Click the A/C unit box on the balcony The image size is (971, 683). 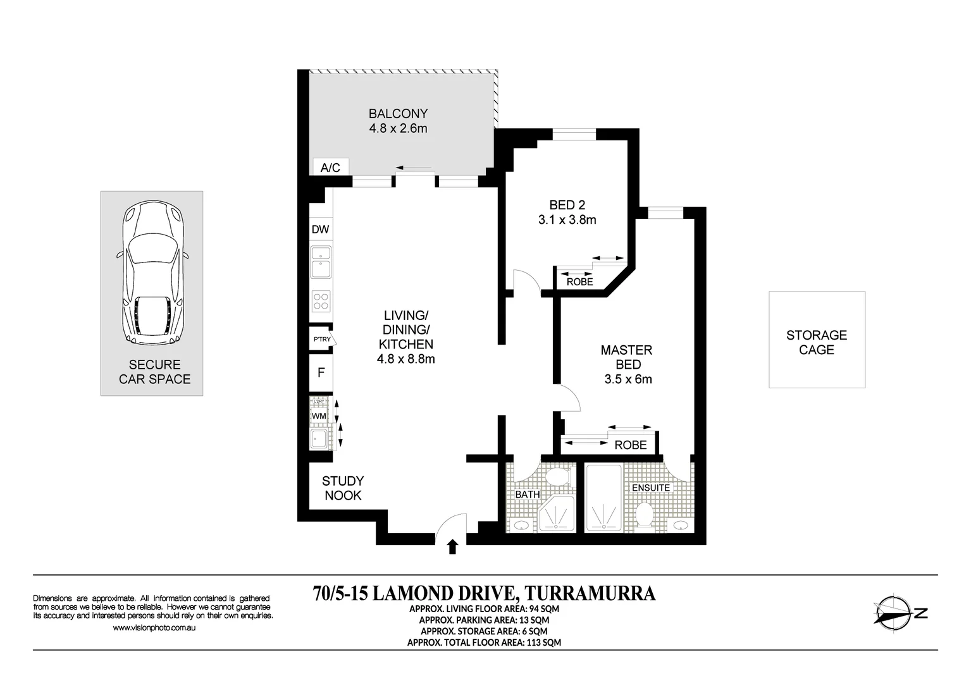331,168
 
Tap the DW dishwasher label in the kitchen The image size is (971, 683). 321,230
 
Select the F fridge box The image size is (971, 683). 321,372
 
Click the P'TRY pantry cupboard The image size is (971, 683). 322,340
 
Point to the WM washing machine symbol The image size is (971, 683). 319,416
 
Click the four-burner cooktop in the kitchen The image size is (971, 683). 321,301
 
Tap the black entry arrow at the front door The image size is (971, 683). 452,546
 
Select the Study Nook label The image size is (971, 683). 343,488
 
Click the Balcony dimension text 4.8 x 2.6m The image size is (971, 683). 398,129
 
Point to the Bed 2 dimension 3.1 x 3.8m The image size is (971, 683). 567,221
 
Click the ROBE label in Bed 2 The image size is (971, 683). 579,282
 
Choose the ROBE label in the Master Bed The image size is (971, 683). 631,445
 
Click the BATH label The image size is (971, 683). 527,495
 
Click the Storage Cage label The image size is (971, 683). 816,342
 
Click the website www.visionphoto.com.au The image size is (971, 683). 154,628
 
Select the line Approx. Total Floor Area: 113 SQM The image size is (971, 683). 484,643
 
